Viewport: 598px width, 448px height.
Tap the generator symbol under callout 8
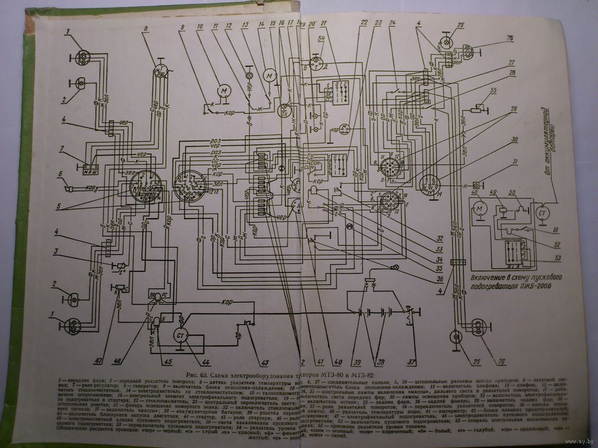point(160,70)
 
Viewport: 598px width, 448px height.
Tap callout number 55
point(494,90)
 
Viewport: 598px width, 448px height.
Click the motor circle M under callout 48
point(478,210)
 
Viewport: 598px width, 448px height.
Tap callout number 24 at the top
point(392,24)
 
